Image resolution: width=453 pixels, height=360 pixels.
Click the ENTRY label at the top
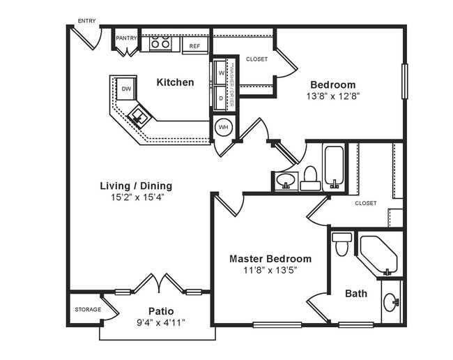tap(87, 20)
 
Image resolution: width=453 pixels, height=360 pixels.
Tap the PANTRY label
tap(126, 38)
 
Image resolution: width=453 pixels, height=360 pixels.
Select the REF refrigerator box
tap(195, 46)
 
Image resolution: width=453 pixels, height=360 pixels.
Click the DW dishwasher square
tap(126, 89)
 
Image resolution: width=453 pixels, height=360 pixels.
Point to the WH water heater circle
tap(223, 127)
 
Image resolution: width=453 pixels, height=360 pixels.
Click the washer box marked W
tap(221, 72)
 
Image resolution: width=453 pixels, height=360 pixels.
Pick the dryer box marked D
tap(221, 98)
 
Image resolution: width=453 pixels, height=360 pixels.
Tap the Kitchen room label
tap(175, 82)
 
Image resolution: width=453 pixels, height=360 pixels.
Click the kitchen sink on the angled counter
tap(139, 116)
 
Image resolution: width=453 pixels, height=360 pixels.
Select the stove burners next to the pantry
tap(161, 43)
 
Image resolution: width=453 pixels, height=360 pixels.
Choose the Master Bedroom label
tap(270, 259)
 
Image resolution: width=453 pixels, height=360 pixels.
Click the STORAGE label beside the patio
tap(88, 309)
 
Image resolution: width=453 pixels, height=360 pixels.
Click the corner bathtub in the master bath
tap(378, 255)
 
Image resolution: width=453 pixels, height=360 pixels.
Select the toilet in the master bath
tap(341, 244)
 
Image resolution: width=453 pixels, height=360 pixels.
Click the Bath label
tap(356, 294)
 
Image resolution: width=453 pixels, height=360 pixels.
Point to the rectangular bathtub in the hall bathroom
tap(334, 166)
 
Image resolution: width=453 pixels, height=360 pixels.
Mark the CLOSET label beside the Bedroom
tap(256, 59)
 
